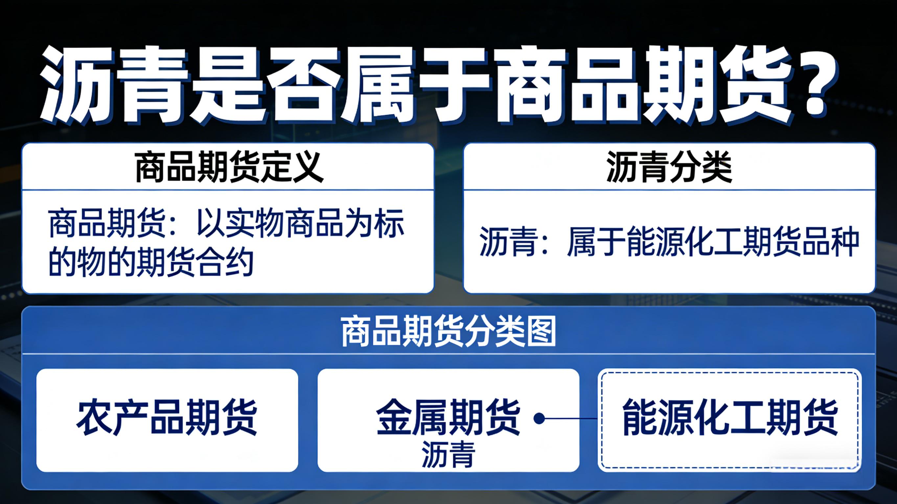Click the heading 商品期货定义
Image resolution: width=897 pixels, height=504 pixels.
coord(229,167)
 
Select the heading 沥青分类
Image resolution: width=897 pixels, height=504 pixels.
coord(669,167)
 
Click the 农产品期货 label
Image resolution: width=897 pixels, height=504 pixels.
coord(167,417)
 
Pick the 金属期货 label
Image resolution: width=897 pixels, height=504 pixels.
coord(448,417)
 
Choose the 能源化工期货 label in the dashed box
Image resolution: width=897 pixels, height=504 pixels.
coord(730,417)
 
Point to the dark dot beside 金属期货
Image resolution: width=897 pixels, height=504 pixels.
coord(539,418)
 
